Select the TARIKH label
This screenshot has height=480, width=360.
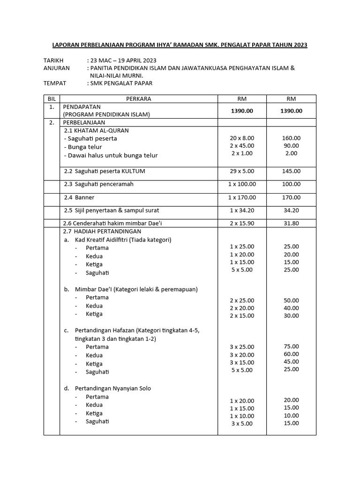[53, 60]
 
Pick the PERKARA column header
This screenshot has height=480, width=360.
[138, 99]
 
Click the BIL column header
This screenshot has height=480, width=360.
[52, 99]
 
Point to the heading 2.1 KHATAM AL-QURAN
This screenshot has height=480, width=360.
[96, 130]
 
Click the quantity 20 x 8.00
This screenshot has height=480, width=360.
[242, 138]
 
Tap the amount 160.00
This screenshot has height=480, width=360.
[291, 138]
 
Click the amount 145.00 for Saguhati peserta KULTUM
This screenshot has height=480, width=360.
[291, 172]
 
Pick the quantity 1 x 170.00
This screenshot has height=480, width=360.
[242, 198]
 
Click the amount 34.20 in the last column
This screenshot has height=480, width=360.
[291, 210]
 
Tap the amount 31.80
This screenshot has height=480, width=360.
[291, 223]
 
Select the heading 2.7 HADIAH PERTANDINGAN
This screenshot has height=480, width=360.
[102, 231]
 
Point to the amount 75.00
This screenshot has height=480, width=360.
[291, 346]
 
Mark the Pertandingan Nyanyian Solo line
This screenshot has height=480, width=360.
[112, 388]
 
